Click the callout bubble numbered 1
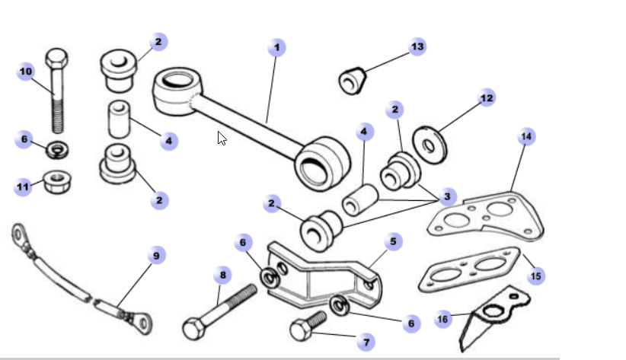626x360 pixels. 276,48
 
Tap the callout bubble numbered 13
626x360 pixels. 417,46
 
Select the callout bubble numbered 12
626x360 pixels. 487,98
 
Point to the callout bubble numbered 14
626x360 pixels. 526,137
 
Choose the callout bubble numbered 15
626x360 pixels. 536,275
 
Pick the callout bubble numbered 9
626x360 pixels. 156,256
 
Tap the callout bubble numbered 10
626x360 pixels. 26,72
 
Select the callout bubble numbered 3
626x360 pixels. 447,196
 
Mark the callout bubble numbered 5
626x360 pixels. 394,242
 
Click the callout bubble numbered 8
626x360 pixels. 223,274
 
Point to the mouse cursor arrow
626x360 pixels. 222,138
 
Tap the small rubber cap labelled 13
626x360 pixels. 353,80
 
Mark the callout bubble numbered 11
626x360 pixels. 24,186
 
